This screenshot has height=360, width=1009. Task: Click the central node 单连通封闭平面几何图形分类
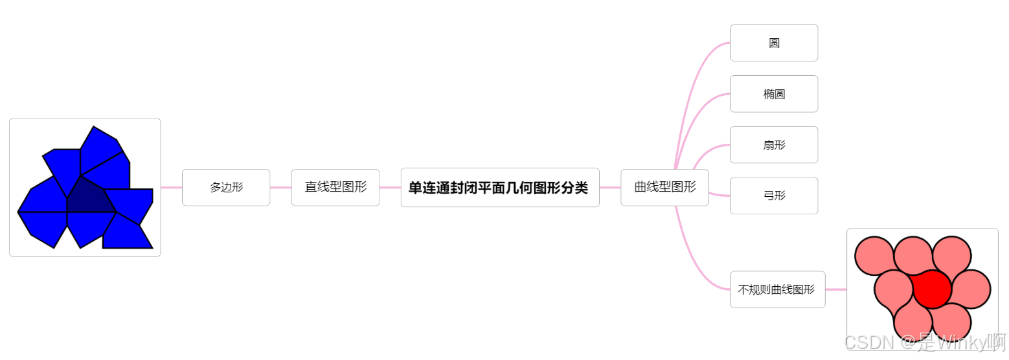pos(499,188)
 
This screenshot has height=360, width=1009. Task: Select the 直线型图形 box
pos(335,188)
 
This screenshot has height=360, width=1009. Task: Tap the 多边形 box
pos(226,188)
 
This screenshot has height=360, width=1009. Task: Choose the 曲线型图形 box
pos(664,188)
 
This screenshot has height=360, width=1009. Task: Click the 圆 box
pos(774,43)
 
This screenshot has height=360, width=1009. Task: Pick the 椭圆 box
pos(774,94)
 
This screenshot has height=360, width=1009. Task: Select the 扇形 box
pos(774,145)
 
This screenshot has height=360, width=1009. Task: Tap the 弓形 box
pos(774,196)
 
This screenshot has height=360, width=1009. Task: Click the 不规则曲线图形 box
pos(777,289)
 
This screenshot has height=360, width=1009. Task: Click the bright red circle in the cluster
pos(932,289)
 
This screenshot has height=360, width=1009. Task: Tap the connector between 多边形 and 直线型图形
pos(280,188)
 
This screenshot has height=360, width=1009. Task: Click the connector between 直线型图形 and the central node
pos(390,188)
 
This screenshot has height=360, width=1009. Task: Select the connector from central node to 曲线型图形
pos(610,188)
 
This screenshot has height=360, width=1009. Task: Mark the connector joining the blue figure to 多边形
pos(171,188)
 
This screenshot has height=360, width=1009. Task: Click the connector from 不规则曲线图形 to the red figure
pos(835,289)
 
